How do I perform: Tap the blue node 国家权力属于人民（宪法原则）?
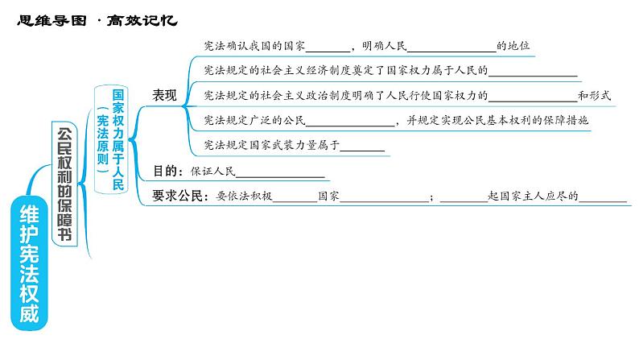(111, 138)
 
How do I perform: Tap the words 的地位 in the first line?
(513, 47)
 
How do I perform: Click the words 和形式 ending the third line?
(595, 95)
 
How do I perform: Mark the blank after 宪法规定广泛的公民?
(352, 121)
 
